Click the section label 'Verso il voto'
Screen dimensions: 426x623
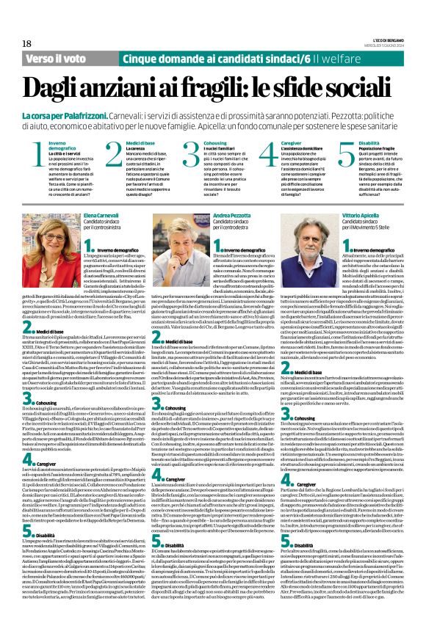(54, 57)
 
